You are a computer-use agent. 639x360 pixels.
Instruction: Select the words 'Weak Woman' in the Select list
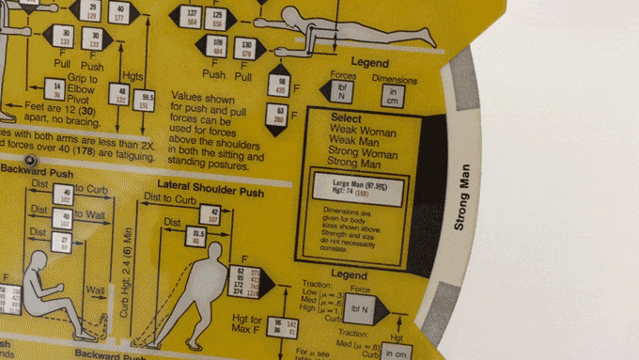click(x=364, y=133)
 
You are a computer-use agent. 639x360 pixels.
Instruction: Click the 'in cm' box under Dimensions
click(x=393, y=95)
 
